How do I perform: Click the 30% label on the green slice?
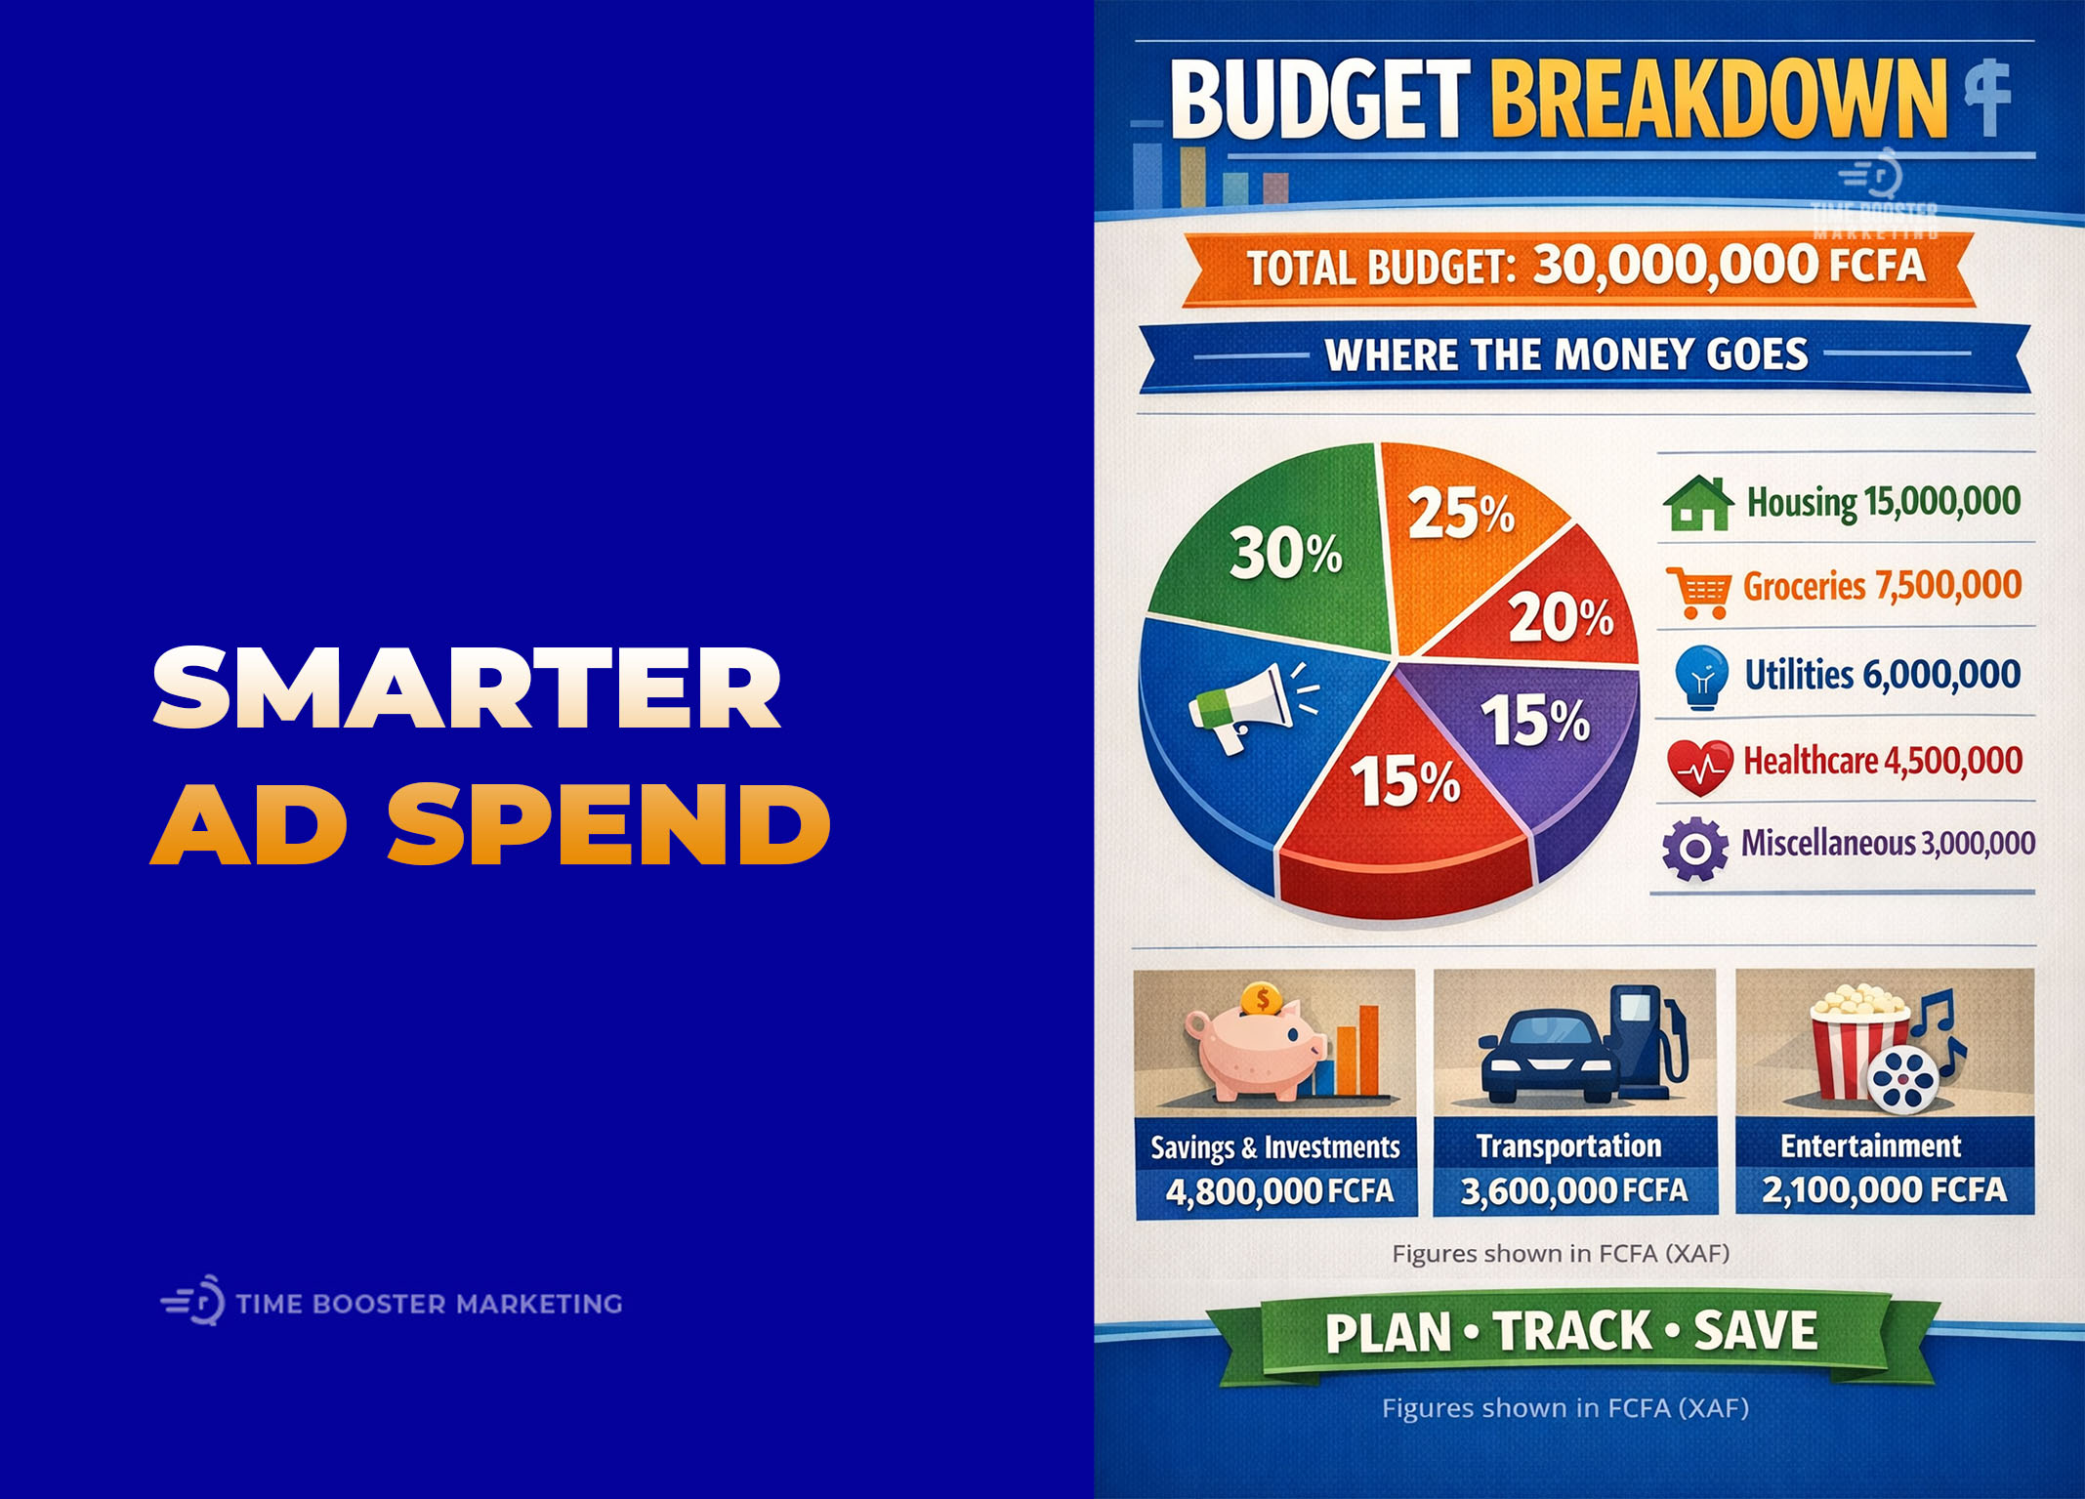[x=1285, y=553]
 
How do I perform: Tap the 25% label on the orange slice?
[x=1460, y=514]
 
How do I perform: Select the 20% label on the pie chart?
[x=1560, y=618]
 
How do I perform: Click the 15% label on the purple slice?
[x=1535, y=721]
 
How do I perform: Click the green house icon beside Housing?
[x=1698, y=504]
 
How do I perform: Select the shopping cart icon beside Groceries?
[x=1698, y=591]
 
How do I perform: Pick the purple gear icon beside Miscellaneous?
[x=1694, y=848]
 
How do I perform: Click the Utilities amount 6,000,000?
[x=1940, y=675]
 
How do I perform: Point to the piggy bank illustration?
[x=1255, y=1053]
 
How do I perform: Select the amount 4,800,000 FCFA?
[x=1278, y=1191]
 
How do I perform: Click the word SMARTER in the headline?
[x=467, y=688]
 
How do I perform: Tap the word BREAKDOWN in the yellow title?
[x=1717, y=100]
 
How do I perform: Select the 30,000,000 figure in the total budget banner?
[x=1675, y=266]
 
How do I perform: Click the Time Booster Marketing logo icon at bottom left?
[x=194, y=1302]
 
